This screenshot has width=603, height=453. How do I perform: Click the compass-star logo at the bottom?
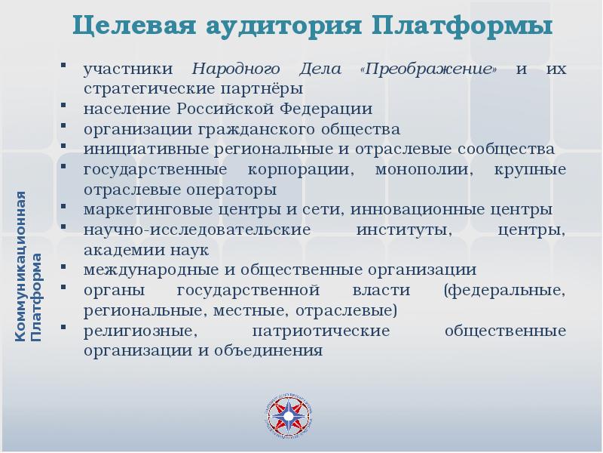pyautogui.click(x=289, y=415)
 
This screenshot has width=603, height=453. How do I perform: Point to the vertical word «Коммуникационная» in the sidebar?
pyautogui.click(x=22, y=263)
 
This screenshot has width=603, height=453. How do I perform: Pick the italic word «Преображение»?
pyautogui.click(x=430, y=69)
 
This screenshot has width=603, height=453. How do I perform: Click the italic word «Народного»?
pyautogui.click(x=228, y=69)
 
